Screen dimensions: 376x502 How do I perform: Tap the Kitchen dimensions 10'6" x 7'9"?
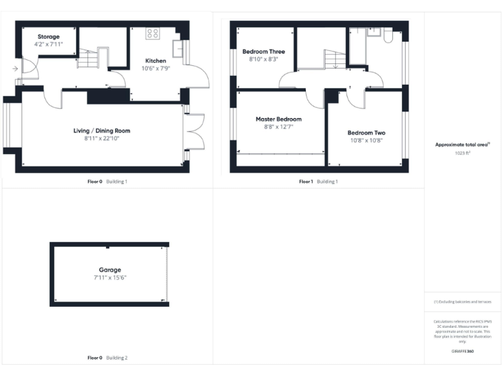156,69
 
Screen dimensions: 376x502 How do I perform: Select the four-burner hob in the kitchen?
153,33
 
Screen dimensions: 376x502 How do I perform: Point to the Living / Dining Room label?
101,131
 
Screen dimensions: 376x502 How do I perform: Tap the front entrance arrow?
14,68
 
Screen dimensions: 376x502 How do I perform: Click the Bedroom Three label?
263,51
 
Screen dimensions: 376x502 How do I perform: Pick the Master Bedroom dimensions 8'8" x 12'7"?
278,127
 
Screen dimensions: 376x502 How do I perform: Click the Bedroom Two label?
365,133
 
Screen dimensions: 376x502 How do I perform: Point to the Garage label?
110,270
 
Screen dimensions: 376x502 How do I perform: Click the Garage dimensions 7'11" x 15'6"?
110,277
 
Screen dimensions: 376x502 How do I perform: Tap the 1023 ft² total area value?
463,153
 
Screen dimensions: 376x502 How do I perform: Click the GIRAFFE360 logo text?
462,351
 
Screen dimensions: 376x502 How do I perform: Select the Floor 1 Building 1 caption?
318,181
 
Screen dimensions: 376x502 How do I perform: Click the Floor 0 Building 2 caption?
108,358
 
